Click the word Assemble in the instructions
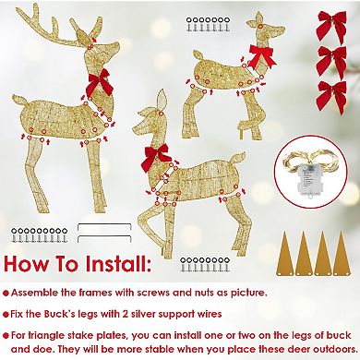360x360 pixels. pos(46,294)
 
